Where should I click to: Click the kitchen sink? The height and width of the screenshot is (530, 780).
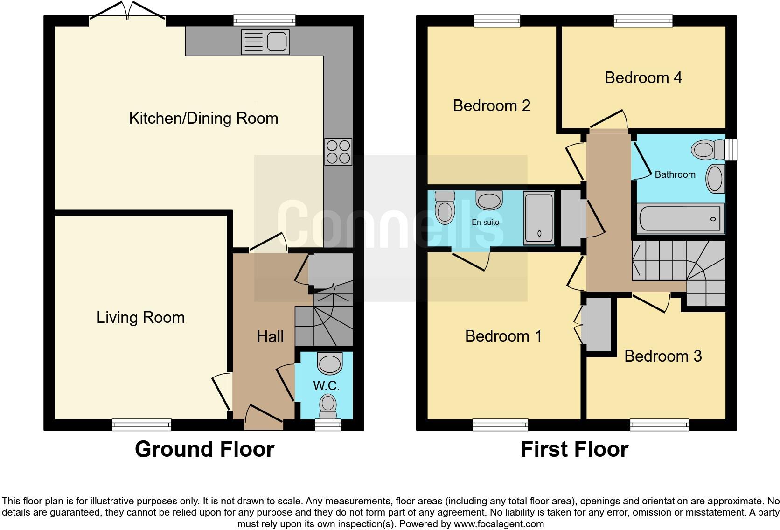[265, 42]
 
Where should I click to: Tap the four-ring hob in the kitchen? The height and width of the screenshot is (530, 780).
[338, 152]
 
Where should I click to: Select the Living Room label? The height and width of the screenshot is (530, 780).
[140, 318]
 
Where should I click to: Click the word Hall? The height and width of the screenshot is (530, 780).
[270, 336]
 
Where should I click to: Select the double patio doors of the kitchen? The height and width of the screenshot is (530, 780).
[127, 12]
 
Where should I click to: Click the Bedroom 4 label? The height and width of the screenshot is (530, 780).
[643, 77]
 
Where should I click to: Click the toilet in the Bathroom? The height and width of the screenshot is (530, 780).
[707, 150]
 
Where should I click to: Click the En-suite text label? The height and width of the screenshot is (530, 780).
[485, 223]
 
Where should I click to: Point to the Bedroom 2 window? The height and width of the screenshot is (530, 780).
[497, 20]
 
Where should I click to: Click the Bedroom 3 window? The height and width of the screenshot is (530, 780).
[659, 425]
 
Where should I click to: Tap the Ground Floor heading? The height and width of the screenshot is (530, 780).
[204, 449]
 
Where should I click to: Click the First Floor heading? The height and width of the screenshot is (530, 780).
[574, 449]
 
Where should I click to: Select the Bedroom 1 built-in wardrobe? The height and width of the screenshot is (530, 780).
[598, 324]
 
